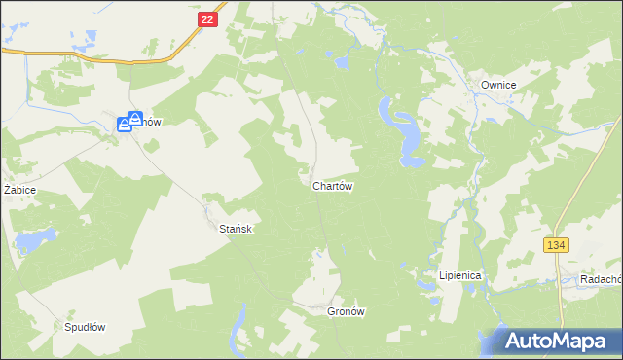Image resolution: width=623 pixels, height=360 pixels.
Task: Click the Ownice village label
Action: coord(497,86)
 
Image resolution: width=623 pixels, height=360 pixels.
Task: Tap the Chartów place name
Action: coord(332,185)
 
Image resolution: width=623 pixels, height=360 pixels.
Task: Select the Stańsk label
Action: coord(236,228)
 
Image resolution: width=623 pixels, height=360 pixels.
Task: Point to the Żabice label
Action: coord(19,189)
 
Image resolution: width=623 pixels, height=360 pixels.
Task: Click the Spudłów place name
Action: coord(84,327)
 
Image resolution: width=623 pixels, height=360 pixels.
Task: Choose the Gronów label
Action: coord(346,311)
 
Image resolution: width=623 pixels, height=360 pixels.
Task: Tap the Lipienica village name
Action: coord(460,275)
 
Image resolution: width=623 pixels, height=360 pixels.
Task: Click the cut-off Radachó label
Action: coord(601,278)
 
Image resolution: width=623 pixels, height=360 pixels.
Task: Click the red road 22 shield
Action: coord(204,19)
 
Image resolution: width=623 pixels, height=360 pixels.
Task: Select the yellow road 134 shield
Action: coord(556,245)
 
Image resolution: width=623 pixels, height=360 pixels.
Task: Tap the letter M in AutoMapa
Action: coord(557,342)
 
